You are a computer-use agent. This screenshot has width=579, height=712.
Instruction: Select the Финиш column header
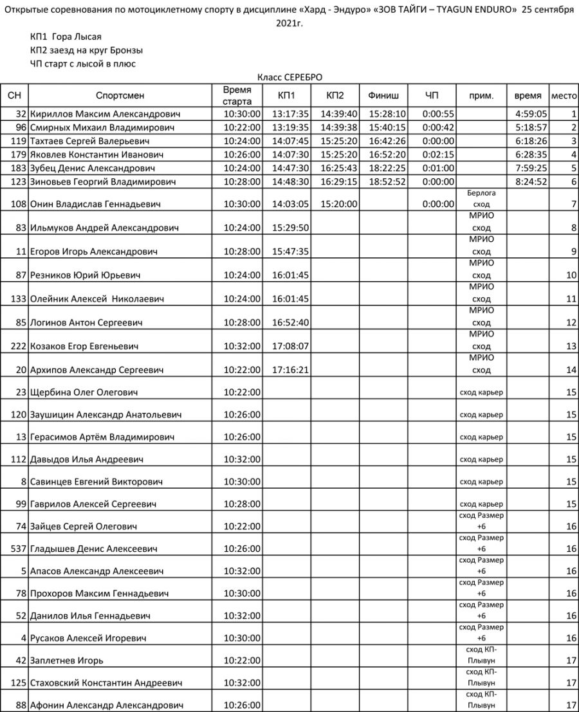383,96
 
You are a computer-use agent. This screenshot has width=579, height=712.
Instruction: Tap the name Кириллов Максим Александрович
106,114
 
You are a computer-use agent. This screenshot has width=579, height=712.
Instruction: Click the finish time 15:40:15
387,127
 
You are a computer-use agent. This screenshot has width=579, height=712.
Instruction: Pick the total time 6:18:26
531,141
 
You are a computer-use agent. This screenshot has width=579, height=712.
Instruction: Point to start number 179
18,154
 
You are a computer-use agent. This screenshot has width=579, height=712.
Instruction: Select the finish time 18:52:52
387,182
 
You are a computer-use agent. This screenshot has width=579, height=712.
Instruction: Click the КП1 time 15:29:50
291,228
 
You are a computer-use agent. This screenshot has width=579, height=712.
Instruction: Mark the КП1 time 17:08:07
291,346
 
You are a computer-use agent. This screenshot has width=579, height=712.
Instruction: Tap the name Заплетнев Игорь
67,660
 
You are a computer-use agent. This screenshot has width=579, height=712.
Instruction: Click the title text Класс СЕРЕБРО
289,77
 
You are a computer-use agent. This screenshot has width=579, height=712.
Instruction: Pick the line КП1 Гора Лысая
66,37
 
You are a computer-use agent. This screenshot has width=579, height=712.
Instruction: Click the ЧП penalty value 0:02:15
439,154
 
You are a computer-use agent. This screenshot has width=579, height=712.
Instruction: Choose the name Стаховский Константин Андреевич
106,682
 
